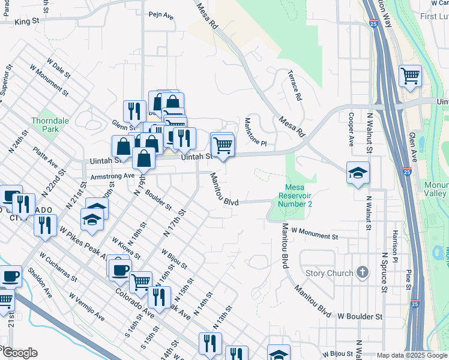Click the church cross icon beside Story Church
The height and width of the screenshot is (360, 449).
coord(361,273)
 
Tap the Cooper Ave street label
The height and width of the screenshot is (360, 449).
coord(351,128)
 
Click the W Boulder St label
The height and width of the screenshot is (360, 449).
coord(360,316)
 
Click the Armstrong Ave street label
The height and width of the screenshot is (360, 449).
coord(112,176)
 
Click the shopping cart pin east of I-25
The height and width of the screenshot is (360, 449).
coord(411,76)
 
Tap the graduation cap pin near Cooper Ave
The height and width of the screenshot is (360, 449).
coord(358,173)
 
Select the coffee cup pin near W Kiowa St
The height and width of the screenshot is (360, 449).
coord(120,268)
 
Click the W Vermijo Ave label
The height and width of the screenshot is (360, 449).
coord(87,307)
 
